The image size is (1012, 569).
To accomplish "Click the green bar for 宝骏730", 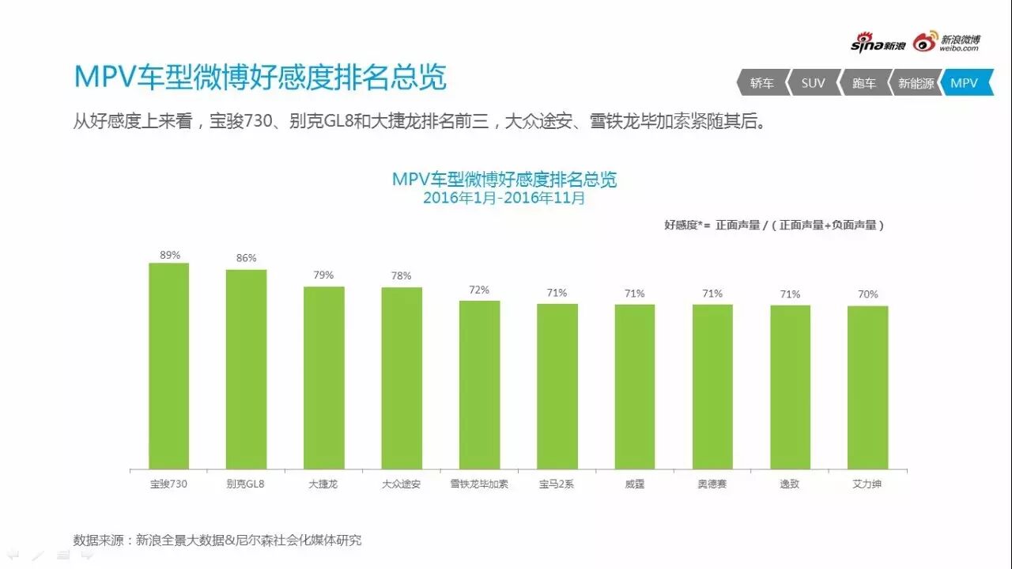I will pyautogui.click(x=168, y=366).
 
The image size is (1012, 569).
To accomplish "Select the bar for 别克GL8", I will pyautogui.click(x=246, y=369).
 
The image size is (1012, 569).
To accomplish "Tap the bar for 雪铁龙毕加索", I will pyautogui.click(x=479, y=385).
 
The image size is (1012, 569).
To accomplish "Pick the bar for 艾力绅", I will pyautogui.click(x=867, y=387).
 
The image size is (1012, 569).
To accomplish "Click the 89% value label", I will pyautogui.click(x=169, y=255).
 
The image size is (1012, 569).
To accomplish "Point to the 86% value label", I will pyautogui.click(x=246, y=258).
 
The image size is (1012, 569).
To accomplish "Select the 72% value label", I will pyautogui.click(x=479, y=290).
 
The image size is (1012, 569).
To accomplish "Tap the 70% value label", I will pyautogui.click(x=867, y=294).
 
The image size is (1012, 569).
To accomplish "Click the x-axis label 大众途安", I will pyautogui.click(x=401, y=484).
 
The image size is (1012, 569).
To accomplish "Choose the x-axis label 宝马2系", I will pyautogui.click(x=557, y=484).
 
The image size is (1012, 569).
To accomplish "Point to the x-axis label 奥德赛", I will pyautogui.click(x=712, y=484).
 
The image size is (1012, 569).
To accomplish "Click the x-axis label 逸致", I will pyautogui.click(x=789, y=484).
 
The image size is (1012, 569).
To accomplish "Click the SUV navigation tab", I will pyautogui.click(x=812, y=82).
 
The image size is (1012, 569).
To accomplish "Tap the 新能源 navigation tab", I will pyautogui.click(x=916, y=82).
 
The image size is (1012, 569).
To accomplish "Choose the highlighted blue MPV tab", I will pyautogui.click(x=965, y=82).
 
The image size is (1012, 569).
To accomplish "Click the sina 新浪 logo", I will pyautogui.click(x=878, y=44).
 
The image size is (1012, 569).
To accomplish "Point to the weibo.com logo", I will pyautogui.click(x=947, y=43).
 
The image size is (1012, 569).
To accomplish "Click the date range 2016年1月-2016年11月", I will pyautogui.click(x=504, y=199).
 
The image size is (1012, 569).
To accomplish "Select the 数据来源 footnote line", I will pyautogui.click(x=217, y=541).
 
